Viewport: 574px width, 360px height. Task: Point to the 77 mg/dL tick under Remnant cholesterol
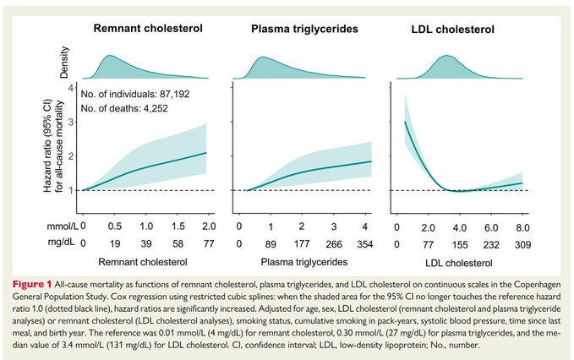[x=208, y=245]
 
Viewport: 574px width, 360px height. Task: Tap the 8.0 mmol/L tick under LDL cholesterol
[x=524, y=227]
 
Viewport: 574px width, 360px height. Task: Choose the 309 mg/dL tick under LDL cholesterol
[x=524, y=245]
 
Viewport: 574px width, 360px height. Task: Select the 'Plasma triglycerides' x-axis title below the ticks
[x=303, y=265]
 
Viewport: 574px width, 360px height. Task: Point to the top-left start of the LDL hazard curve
[x=405, y=123]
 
